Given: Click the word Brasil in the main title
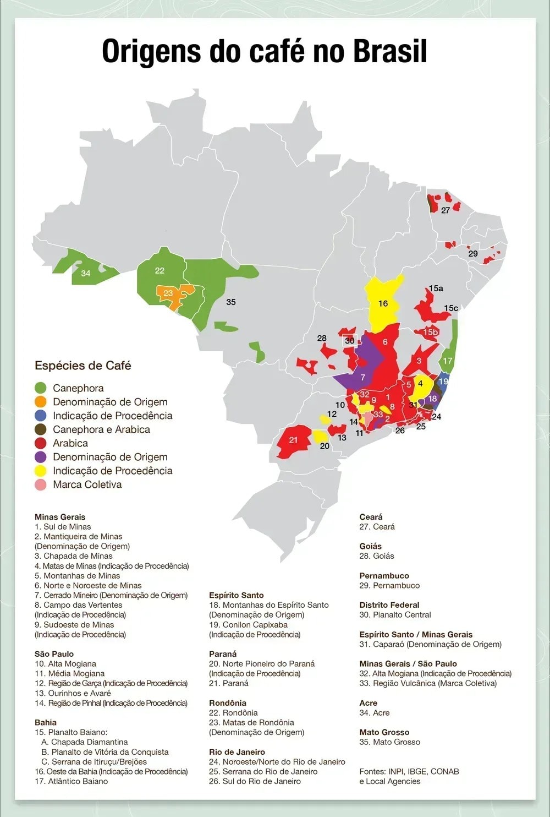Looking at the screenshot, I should pos(389,52).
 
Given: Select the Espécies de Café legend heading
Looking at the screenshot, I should pos(82,366).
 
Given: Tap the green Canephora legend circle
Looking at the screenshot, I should pos(40,388).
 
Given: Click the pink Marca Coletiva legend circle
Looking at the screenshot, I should pos(40,484).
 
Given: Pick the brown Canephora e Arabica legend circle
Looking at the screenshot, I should pos(40,429).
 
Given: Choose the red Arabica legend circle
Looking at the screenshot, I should pos(40,443).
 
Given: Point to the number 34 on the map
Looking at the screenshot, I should pos(86,273).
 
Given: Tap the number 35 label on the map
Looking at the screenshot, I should pos(231,302).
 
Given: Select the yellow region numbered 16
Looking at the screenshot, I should pos(383,303).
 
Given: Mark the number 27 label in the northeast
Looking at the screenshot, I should pos(446,210).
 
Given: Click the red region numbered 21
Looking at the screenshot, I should pos(293,440).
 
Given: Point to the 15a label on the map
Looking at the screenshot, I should pos(436,288).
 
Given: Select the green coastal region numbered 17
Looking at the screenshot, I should pos(448,361).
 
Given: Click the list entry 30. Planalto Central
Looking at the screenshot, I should pos(395,614).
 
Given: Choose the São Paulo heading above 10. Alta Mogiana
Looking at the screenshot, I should pos(54,654).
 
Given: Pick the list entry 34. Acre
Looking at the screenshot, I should pos(374,712).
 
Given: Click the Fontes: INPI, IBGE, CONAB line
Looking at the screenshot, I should pos(409,771).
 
